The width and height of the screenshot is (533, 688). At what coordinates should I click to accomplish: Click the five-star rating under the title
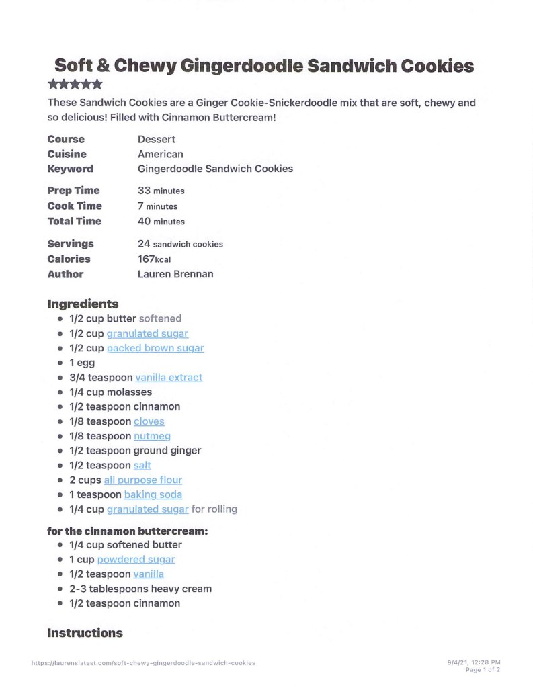click(x=75, y=85)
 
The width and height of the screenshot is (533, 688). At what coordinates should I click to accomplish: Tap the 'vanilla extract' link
click(x=169, y=378)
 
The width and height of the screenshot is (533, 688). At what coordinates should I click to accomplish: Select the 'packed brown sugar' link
click(x=155, y=348)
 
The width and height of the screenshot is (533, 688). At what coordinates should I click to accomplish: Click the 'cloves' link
click(x=149, y=421)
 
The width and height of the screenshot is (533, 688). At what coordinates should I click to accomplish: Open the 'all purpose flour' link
click(x=143, y=480)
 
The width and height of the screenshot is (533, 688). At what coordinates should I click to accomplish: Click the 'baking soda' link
click(x=153, y=494)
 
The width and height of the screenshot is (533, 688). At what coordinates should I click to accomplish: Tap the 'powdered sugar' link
click(x=136, y=559)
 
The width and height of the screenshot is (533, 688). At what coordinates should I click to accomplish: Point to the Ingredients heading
click(x=83, y=304)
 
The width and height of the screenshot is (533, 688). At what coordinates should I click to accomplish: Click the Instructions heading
click(x=85, y=633)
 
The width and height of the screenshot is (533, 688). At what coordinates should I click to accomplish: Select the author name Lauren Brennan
click(x=175, y=274)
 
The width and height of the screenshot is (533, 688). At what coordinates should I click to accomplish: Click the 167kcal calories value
click(x=155, y=259)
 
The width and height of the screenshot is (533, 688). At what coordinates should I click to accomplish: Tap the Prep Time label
click(x=73, y=191)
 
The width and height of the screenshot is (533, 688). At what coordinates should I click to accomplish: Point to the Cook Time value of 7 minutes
click(x=158, y=206)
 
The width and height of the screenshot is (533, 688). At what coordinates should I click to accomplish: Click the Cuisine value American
click(x=161, y=154)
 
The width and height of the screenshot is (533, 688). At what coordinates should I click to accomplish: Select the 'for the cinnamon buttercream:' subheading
click(x=128, y=531)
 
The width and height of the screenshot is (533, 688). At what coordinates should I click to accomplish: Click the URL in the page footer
click(x=143, y=663)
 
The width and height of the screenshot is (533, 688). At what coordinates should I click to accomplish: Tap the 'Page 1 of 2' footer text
click(x=483, y=670)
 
